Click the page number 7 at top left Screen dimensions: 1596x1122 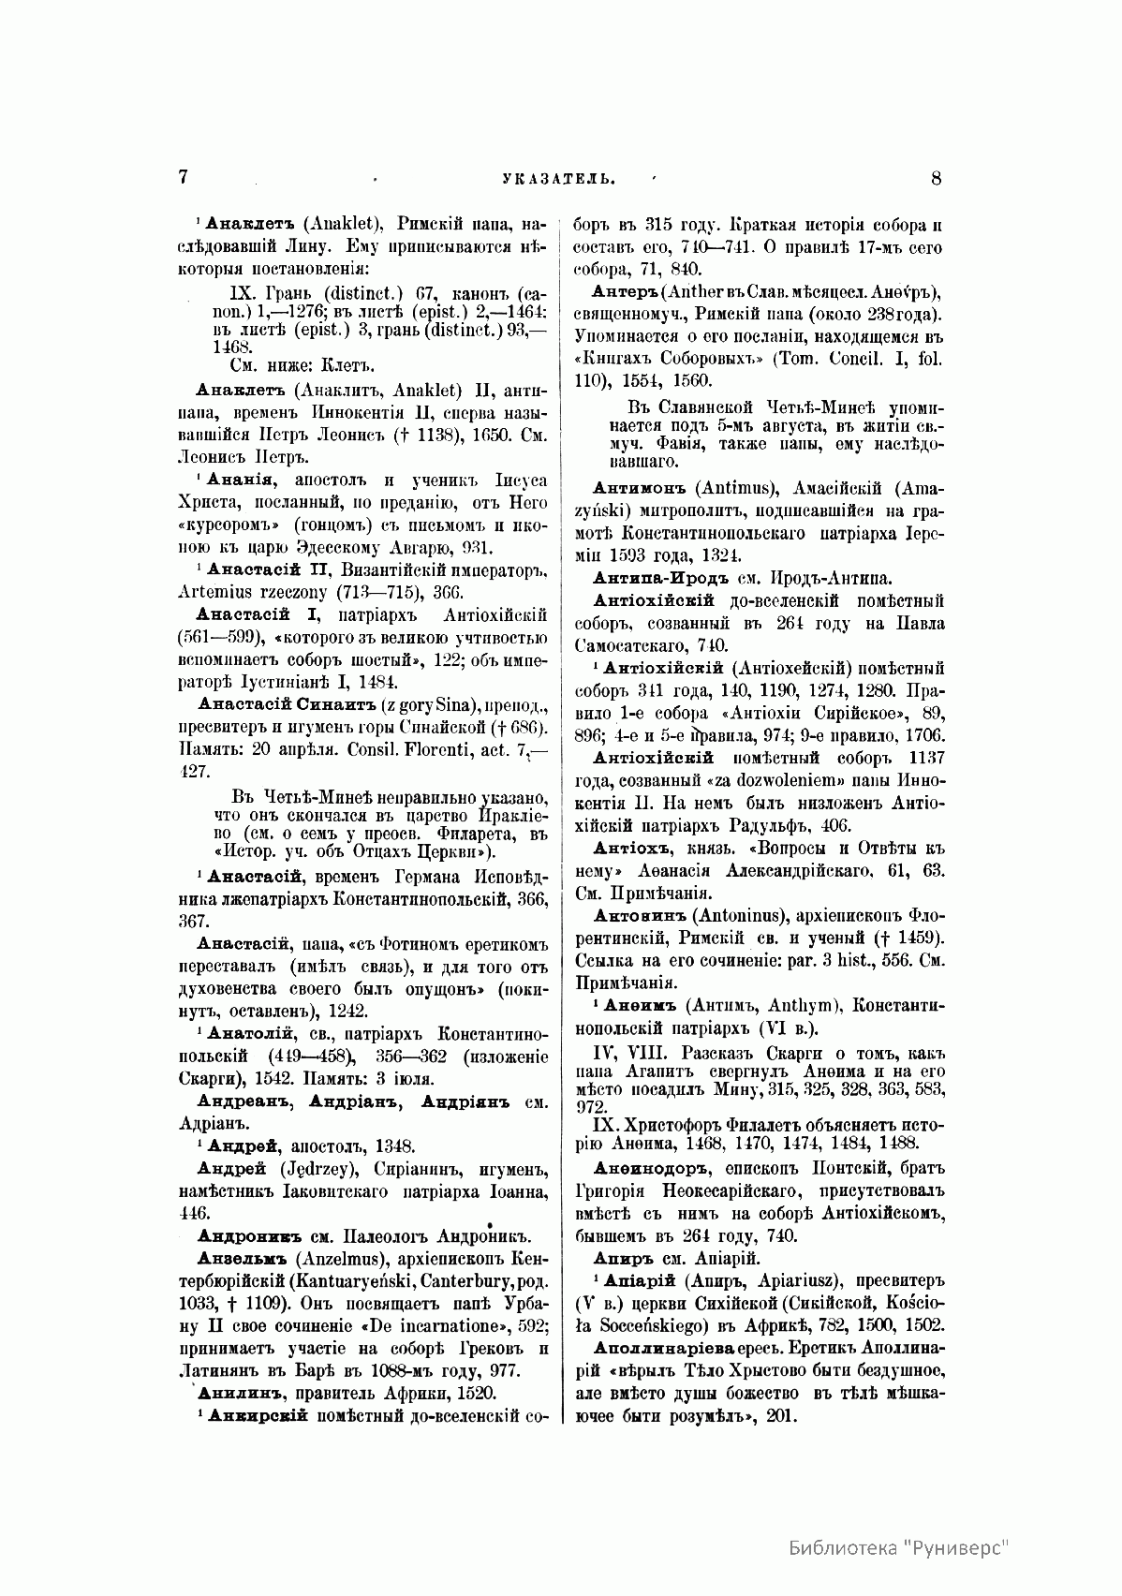coord(185,177)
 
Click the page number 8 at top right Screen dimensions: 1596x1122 coord(937,177)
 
